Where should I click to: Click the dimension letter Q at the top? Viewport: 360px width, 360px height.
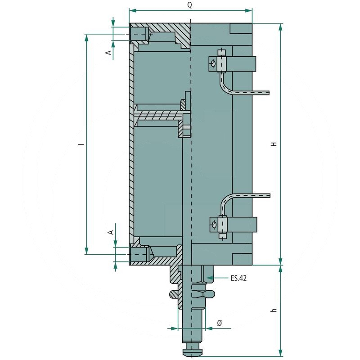click(189, 5)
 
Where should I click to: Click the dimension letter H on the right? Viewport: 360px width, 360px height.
click(273, 144)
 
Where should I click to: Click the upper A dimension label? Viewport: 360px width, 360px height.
click(108, 53)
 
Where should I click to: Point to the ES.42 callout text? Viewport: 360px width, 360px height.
click(238, 279)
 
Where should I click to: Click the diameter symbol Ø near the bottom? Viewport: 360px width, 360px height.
click(220, 323)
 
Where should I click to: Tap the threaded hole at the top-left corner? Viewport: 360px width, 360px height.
click(139, 34)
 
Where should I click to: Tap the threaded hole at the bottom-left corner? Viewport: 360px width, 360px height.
click(139, 256)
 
